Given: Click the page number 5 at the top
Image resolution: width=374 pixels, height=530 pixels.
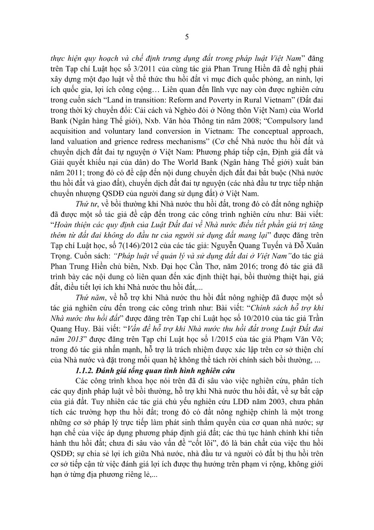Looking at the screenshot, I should (x=187, y=37).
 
